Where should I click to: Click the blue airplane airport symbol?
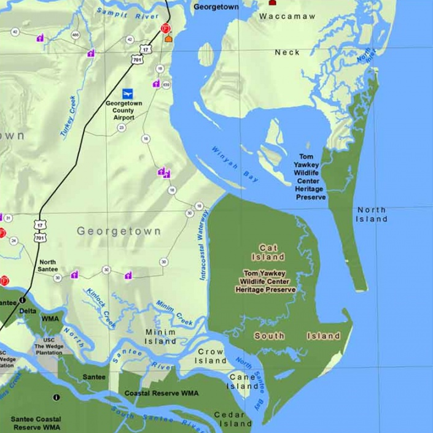128,93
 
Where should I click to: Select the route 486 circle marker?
74,35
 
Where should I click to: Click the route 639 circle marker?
166,83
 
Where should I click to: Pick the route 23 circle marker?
122,128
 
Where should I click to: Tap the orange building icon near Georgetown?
168,38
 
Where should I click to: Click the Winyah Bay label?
235,164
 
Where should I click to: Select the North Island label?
372,214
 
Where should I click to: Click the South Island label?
297,335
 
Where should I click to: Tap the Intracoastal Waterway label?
205,244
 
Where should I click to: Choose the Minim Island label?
160,336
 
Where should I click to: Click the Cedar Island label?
233,419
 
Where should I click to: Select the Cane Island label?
243,381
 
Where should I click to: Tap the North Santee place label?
47,266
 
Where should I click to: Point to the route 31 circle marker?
8,218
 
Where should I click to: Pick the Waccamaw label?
286,17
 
